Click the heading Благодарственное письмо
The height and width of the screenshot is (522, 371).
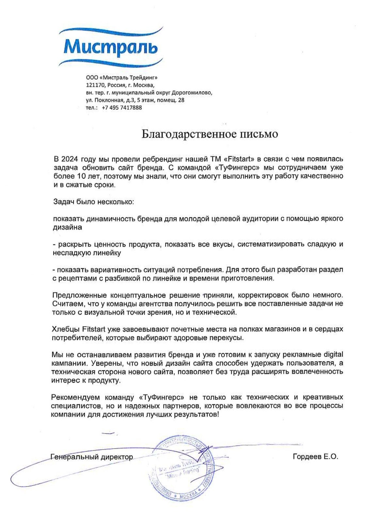click(210, 134)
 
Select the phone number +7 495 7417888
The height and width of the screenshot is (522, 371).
click(122, 108)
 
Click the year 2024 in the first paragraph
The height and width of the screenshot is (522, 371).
click(70, 159)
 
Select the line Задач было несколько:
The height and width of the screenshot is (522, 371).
click(93, 202)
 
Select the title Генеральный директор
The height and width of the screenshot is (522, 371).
click(92, 457)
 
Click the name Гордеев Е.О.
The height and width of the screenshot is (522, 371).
click(315, 457)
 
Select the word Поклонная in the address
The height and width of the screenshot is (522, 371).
click(109, 100)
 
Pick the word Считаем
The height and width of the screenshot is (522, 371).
click(66, 304)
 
